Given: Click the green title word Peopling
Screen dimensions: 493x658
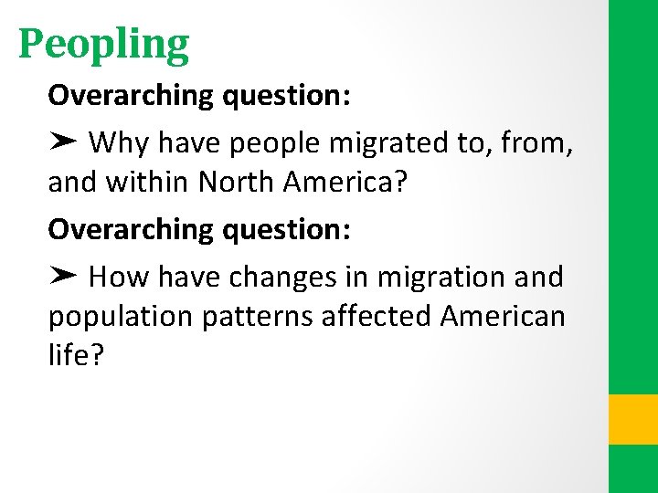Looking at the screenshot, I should [103, 44].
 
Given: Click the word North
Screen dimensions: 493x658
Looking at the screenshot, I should [237, 183].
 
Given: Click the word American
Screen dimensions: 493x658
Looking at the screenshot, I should [503, 317].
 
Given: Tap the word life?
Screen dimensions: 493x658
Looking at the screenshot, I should [77, 357].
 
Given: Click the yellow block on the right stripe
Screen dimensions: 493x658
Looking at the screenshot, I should [633, 419].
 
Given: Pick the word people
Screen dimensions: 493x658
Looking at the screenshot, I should [271, 142].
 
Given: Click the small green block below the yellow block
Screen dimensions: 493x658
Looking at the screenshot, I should [633, 469].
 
